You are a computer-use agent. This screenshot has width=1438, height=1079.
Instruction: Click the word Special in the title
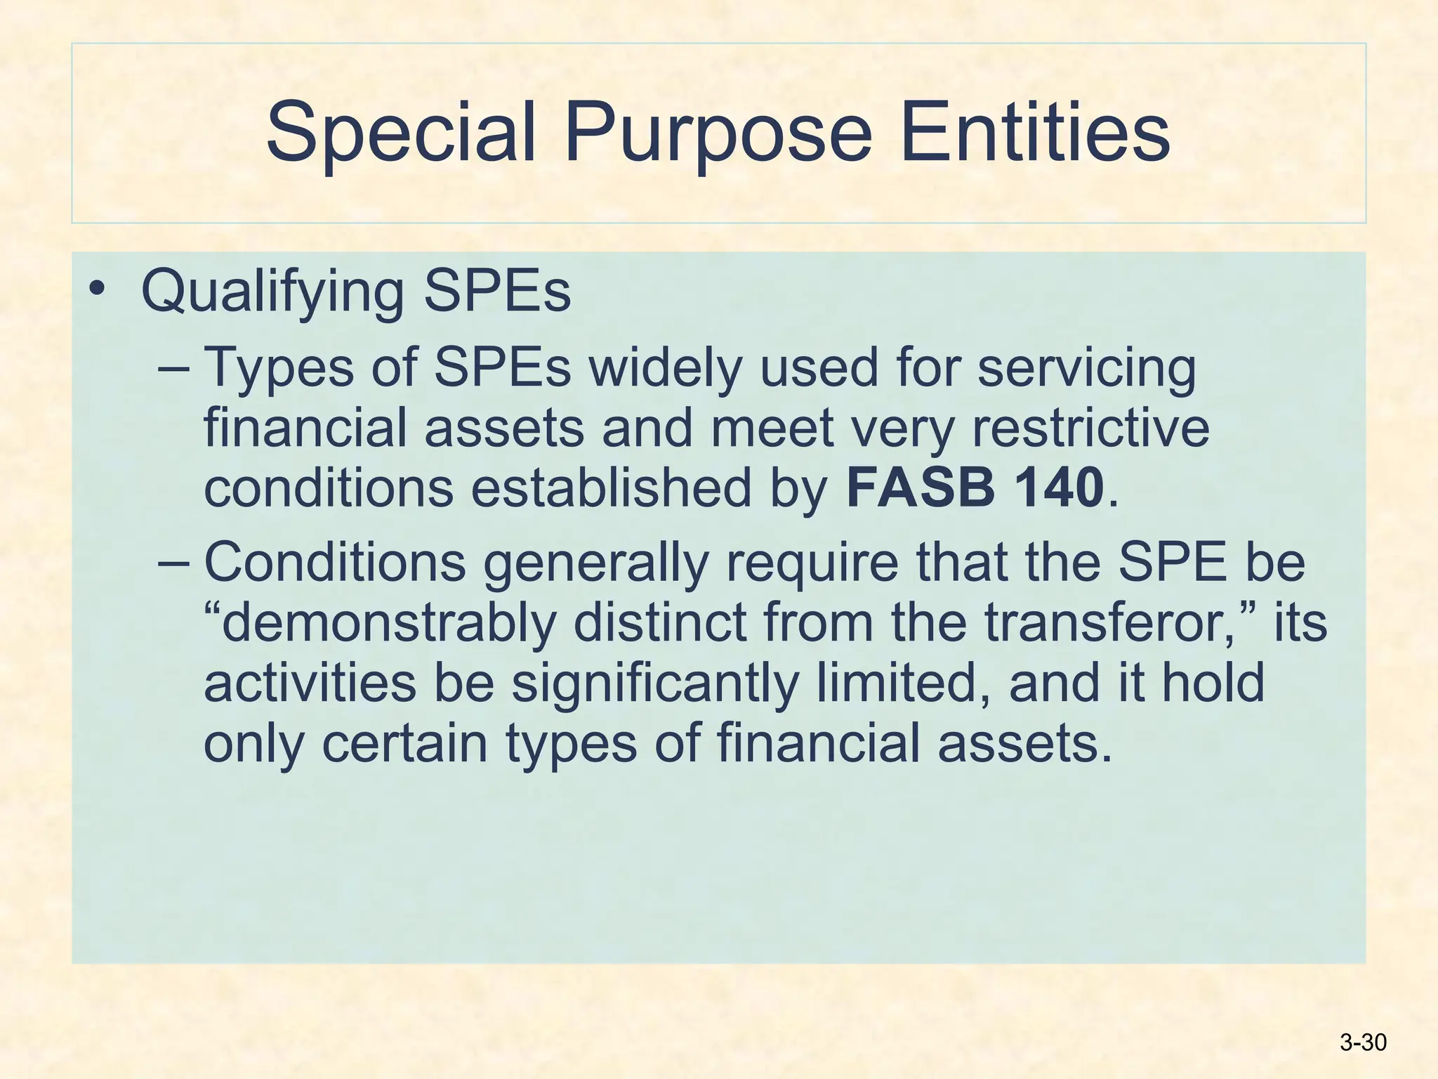(401, 132)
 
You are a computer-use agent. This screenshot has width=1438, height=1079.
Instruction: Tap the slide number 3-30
(1363, 1042)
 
